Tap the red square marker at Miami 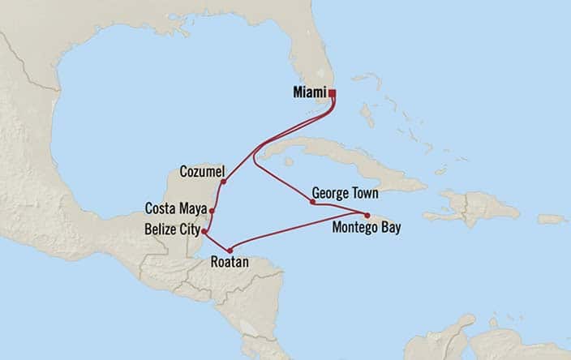(x=332, y=93)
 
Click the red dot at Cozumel (x=223, y=182)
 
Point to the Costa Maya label (x=175, y=207)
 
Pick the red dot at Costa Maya (x=212, y=211)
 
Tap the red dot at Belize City (x=204, y=231)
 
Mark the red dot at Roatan (x=231, y=250)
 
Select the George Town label (x=346, y=195)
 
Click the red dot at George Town (x=312, y=202)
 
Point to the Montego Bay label (x=367, y=228)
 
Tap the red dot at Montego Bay (x=367, y=215)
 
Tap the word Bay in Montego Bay (x=389, y=228)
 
